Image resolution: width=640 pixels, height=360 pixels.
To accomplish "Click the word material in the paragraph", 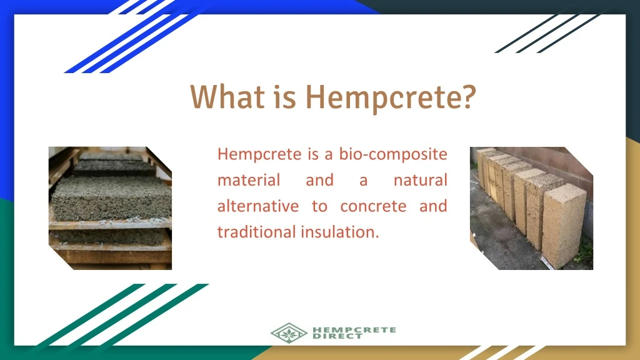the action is coord(249,180).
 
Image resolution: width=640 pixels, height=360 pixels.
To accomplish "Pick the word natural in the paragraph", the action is coord(421,180).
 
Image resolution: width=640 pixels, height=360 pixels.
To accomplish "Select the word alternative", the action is coord(258,206).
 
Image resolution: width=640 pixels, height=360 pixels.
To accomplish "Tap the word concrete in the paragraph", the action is coord(373,206).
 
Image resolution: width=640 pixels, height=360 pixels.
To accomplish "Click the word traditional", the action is coord(257,232).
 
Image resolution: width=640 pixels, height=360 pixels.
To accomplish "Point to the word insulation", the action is coord(341,232).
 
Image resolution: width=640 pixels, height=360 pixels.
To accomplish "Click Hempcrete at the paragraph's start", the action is coord(259,155).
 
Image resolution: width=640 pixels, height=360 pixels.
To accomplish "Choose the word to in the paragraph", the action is coord(319,206).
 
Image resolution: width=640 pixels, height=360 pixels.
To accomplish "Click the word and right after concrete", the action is coord(434,206).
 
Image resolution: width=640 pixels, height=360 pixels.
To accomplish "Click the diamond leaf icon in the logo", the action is coord(289,333).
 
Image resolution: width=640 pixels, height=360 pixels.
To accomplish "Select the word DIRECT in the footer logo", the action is coord(337,336).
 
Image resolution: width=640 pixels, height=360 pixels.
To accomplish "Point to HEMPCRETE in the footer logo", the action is coord(354,329).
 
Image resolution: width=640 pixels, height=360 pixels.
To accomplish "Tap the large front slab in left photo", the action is coord(111,199).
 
